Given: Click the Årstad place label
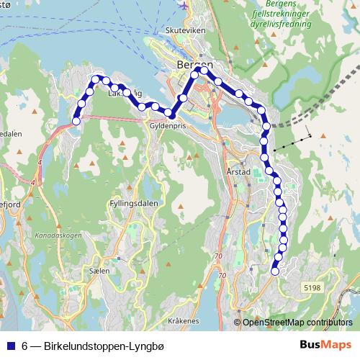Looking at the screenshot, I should point(238,173).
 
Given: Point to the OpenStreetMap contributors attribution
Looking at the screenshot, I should point(297,323).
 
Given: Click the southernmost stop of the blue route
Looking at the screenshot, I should point(274,271).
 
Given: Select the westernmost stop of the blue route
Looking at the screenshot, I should point(76,121).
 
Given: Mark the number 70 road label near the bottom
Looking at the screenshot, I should point(220,275).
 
